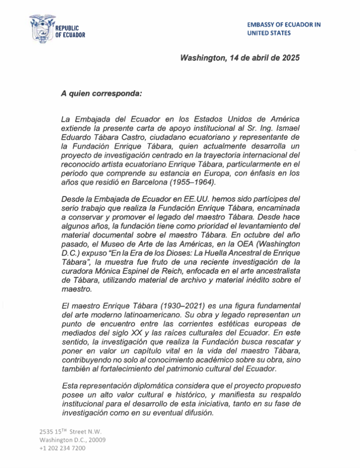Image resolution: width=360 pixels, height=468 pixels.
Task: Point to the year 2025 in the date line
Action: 290,58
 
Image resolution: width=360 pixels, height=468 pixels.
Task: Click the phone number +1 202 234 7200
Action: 63,448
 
